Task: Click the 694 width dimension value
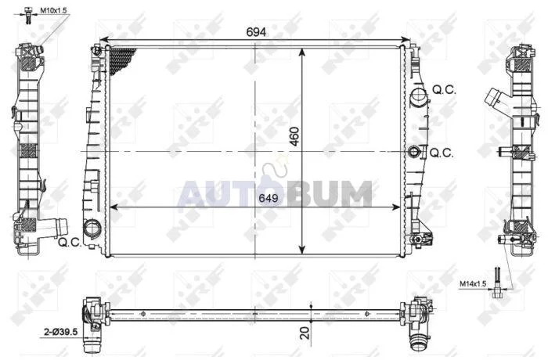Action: pyautogui.click(x=256, y=32)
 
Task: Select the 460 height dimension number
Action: pyautogui.click(x=295, y=137)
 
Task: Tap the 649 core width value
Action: pyautogui.click(x=269, y=198)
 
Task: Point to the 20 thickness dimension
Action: pyautogui.click(x=305, y=333)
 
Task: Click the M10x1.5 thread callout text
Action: pyautogui.click(x=53, y=10)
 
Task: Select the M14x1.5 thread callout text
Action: pyautogui.click(x=473, y=284)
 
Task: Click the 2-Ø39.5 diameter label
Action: pyautogui.click(x=60, y=331)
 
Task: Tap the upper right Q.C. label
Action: pyautogui.click(x=444, y=90)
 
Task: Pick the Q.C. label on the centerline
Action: pyautogui.click(x=442, y=153)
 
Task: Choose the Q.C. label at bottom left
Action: pyautogui.click(x=70, y=242)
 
